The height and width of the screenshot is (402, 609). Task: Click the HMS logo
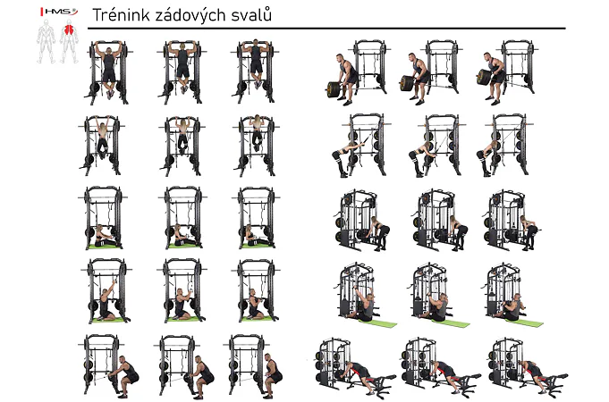[x=59, y=12]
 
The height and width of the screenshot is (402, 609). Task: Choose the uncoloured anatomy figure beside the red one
[x=46, y=41]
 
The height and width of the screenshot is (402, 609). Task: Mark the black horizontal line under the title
[x=326, y=29]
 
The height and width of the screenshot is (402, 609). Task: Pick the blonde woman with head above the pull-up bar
[x=257, y=132]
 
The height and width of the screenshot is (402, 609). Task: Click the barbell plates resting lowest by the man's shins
[x=334, y=88]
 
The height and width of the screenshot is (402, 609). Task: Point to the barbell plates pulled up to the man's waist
[x=484, y=77]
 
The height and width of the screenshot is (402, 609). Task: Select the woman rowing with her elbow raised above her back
[x=529, y=231]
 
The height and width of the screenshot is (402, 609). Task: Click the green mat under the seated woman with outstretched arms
[x=104, y=246]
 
